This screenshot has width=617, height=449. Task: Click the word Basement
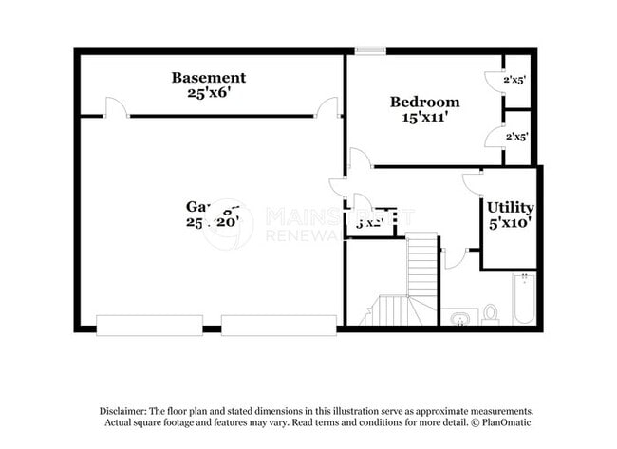[x=208, y=78]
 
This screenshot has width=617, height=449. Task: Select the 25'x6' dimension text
[x=208, y=93]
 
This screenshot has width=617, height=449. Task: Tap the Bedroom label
[x=424, y=102]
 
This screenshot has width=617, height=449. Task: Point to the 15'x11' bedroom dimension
[x=424, y=118]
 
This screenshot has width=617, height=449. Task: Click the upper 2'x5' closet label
[x=515, y=80]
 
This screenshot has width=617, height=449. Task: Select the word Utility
[x=510, y=207]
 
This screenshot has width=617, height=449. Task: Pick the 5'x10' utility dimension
[x=510, y=223]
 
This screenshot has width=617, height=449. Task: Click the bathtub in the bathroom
[x=523, y=299]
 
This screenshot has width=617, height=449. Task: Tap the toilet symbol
[x=491, y=312]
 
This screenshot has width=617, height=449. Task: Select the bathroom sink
[x=461, y=316]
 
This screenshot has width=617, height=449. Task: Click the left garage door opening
[x=136, y=325]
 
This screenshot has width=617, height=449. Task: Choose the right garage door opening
[x=279, y=325]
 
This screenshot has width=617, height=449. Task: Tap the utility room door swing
[x=473, y=182]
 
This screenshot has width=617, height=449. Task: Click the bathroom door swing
[x=455, y=257]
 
